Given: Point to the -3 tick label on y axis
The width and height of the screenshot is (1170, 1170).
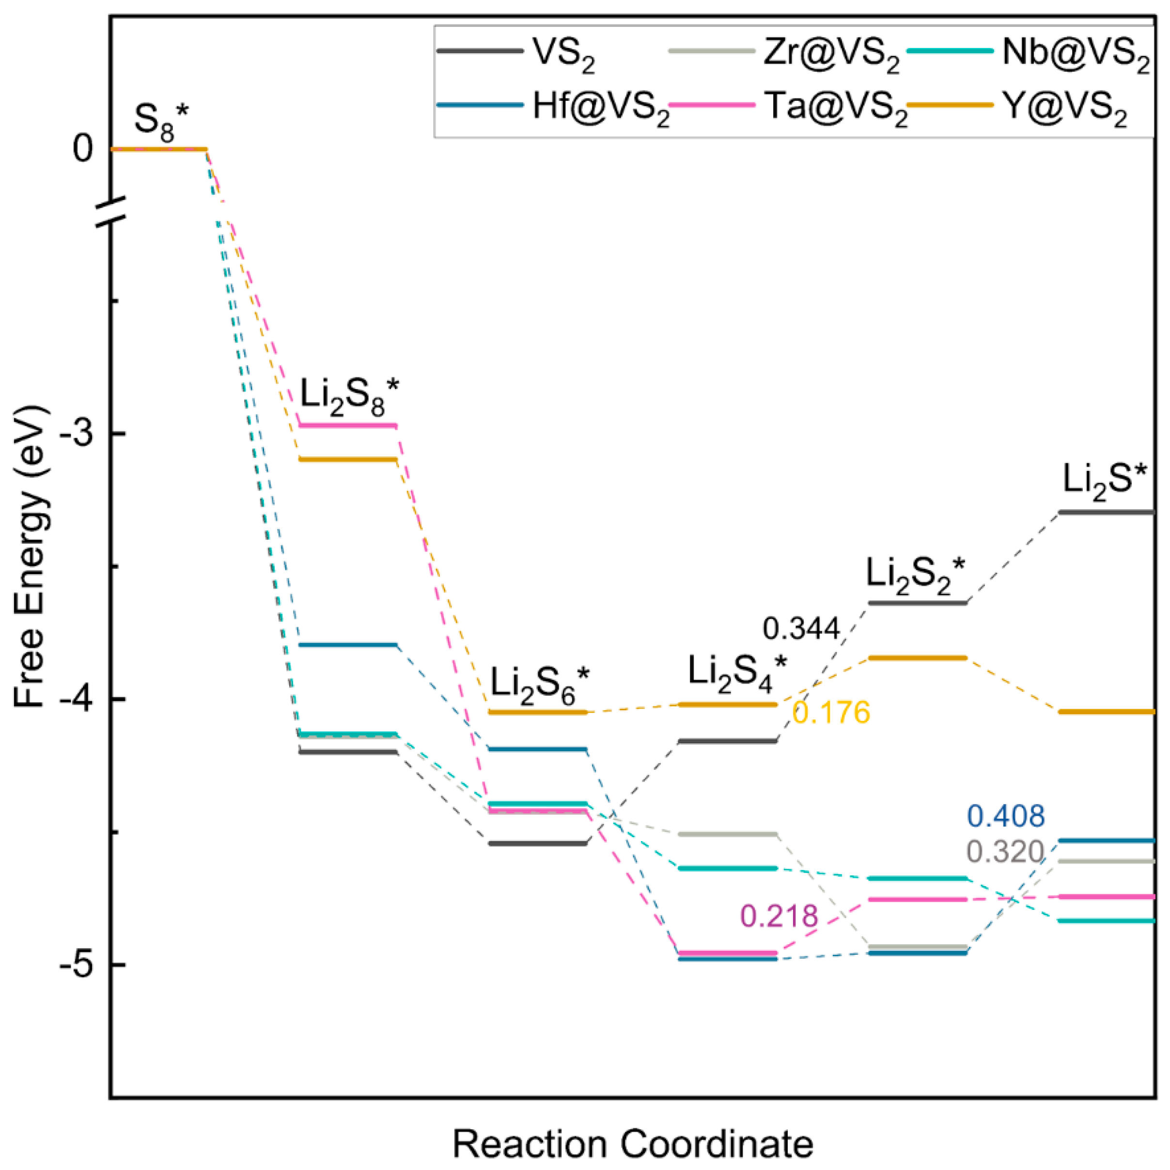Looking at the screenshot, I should pos(77,434).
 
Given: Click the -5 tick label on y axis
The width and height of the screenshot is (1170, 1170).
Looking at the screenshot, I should pos(77,964).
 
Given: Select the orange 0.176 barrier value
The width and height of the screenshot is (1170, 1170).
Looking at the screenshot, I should pos(831,712).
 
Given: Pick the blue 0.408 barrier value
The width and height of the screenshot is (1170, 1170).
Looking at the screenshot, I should pos(1006,816).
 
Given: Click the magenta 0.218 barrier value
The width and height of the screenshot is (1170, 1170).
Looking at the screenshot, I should pos(780,916).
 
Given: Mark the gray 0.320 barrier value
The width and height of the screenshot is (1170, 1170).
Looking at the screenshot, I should pos(1005,852).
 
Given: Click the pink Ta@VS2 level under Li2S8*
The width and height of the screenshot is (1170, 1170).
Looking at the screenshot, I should pos(348,425).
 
